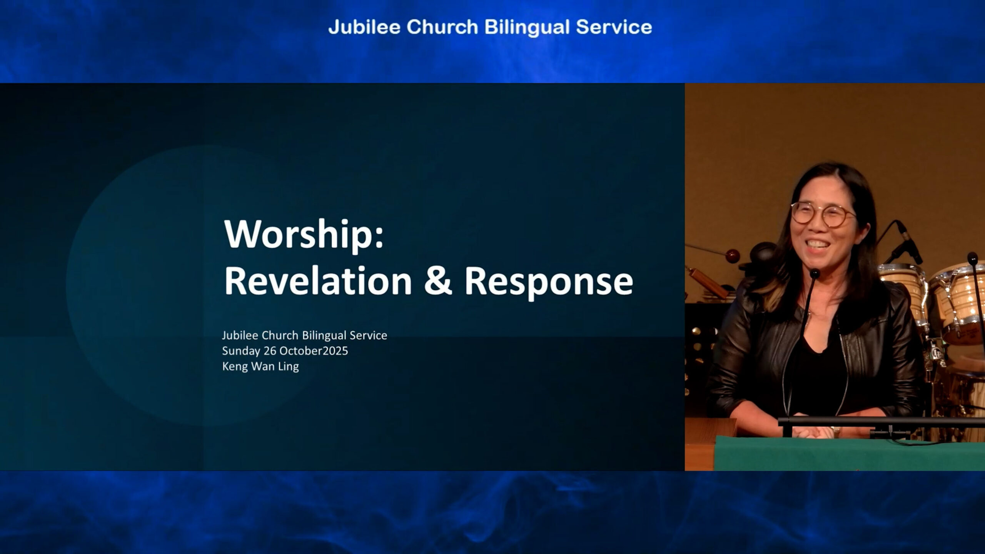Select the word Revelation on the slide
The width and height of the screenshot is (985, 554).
(318, 281)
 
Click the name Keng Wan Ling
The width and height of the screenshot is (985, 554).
(260, 366)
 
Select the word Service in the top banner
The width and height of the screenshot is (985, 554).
(614, 27)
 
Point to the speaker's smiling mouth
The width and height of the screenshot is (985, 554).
(819, 245)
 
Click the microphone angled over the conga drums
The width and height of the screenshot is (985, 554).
(909, 242)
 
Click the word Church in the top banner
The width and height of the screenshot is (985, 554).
(442, 27)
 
